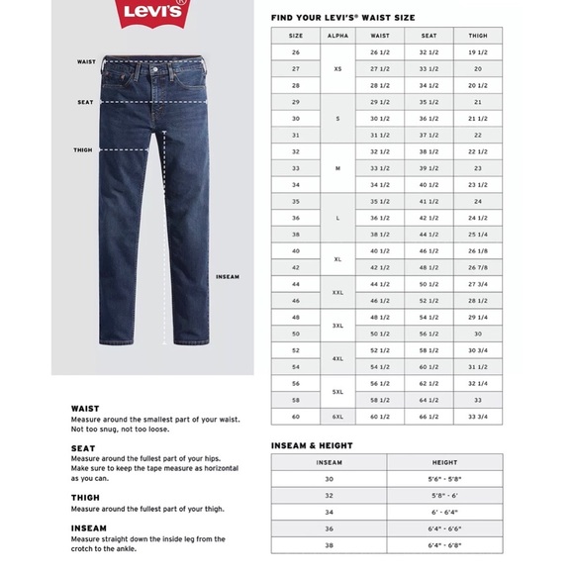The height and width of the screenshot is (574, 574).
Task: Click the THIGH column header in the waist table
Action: pyautogui.click(x=477, y=34)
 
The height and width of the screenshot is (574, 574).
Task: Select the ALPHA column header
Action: pyautogui.click(x=337, y=34)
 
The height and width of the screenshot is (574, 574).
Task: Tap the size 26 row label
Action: pyautogui.click(x=295, y=50)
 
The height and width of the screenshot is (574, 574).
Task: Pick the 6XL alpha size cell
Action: pyautogui.click(x=337, y=417)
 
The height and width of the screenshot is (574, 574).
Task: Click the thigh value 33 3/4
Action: pyautogui.click(x=477, y=417)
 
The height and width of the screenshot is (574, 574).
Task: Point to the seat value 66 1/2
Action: pyautogui.click(x=429, y=417)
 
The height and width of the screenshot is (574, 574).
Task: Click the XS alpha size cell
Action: pyautogui.click(x=337, y=67)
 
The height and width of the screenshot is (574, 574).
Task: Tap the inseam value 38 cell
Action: pyautogui.click(x=329, y=545)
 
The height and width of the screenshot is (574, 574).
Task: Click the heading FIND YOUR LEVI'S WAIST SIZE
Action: pyautogui.click(x=342, y=18)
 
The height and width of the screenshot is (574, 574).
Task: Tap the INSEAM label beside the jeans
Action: pyautogui.click(x=228, y=276)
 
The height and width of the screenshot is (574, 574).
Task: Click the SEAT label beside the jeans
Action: pyautogui.click(x=86, y=102)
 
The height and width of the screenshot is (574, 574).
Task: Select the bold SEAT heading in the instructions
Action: pyautogui.click(x=83, y=447)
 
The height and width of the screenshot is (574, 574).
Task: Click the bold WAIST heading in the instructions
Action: pyautogui.click(x=85, y=408)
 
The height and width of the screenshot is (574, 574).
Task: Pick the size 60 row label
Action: pyautogui.click(x=295, y=417)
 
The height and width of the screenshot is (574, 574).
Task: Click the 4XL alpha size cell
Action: pyautogui.click(x=337, y=358)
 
